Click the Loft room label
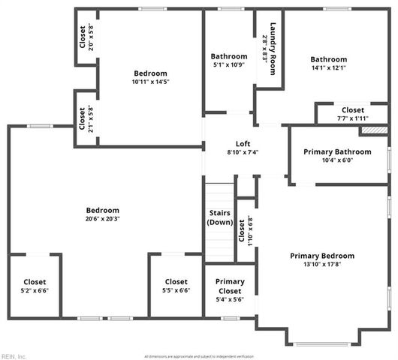pyautogui.click(x=243, y=144)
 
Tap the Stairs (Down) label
pyautogui.click(x=220, y=217)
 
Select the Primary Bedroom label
pyautogui.click(x=322, y=256)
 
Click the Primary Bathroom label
pyautogui.click(x=327, y=152)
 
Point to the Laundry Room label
pyautogui.click(x=274, y=43)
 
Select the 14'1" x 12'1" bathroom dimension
pyautogui.click(x=329, y=68)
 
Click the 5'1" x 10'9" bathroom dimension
pyautogui.click(x=228, y=65)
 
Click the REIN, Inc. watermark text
pyautogui.click(x=14, y=355)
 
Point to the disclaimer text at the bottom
pyautogui.click(x=199, y=355)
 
